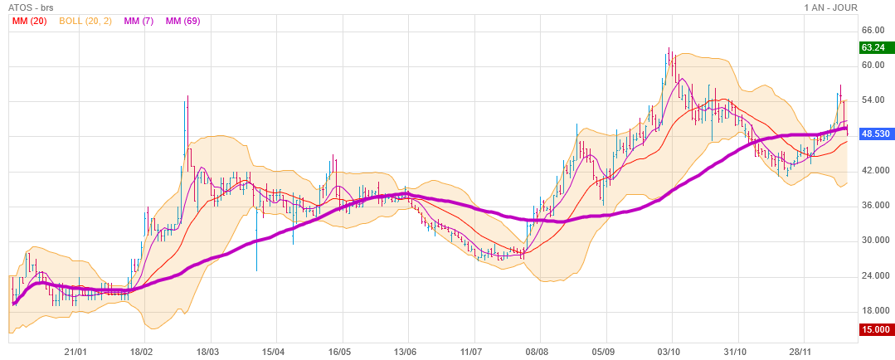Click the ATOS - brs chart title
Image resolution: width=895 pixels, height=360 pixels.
tap(28, 7)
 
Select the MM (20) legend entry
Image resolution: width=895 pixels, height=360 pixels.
tap(29, 21)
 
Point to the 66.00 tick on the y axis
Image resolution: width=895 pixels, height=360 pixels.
tap(874, 30)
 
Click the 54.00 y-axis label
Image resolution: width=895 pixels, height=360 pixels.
tap(874, 100)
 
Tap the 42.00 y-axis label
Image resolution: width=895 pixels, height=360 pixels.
tap(874, 170)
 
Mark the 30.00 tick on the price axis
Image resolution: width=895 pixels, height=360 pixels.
tap(874, 241)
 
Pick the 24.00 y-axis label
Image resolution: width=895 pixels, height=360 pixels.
tap(874, 275)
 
